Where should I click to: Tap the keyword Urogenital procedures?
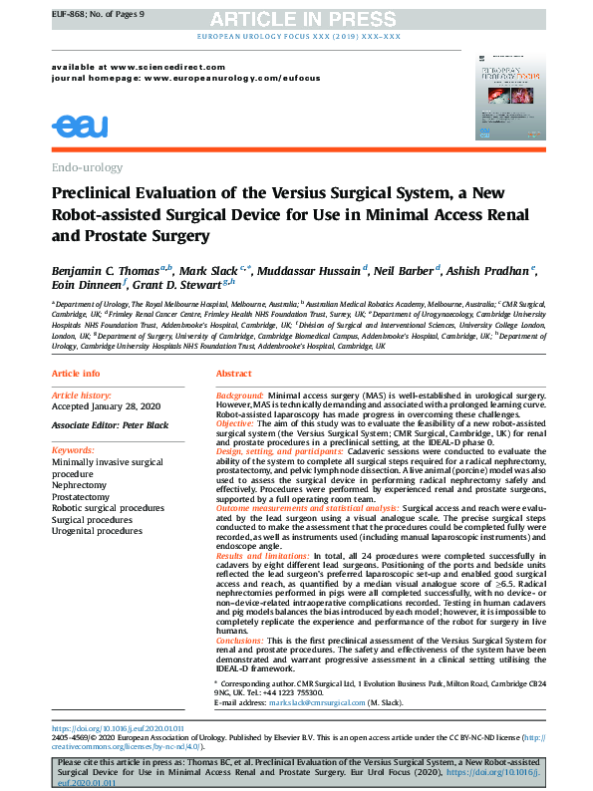(97, 531)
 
